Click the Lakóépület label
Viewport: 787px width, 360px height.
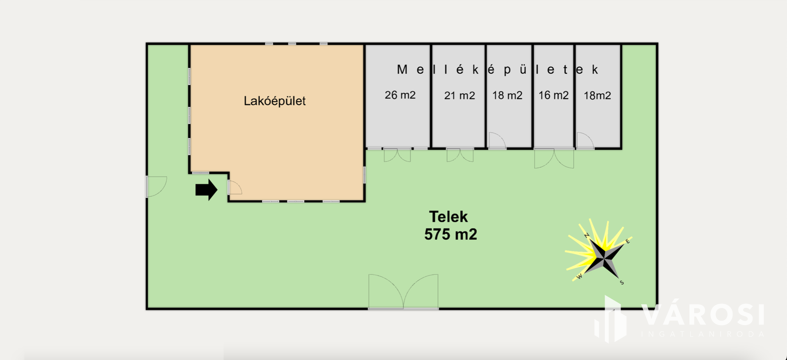click(x=275, y=101)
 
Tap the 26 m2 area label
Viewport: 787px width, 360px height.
click(x=400, y=95)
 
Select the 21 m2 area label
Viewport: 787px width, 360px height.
click(x=459, y=96)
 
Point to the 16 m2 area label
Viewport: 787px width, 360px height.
click(x=553, y=96)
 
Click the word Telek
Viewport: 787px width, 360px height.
click(x=448, y=216)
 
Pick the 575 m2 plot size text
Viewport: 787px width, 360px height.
click(x=450, y=235)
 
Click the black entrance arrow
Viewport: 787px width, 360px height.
click(x=206, y=190)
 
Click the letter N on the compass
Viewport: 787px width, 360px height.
click(x=587, y=235)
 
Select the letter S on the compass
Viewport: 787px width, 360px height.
click(x=622, y=283)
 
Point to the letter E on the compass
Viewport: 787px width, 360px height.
click(x=628, y=242)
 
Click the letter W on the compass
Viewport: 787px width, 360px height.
click(x=579, y=277)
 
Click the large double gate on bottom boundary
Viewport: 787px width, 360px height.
click(x=403, y=292)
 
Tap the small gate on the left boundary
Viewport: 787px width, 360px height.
click(x=156, y=187)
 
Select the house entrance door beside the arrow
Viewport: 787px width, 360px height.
click(x=234, y=188)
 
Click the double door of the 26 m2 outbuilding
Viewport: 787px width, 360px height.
click(x=397, y=155)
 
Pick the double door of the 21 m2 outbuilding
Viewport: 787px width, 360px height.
click(x=460, y=155)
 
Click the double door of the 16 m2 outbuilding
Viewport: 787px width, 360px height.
click(x=554, y=158)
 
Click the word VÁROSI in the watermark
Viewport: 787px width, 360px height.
click(x=703, y=315)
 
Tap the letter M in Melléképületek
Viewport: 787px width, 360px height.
click(x=402, y=70)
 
